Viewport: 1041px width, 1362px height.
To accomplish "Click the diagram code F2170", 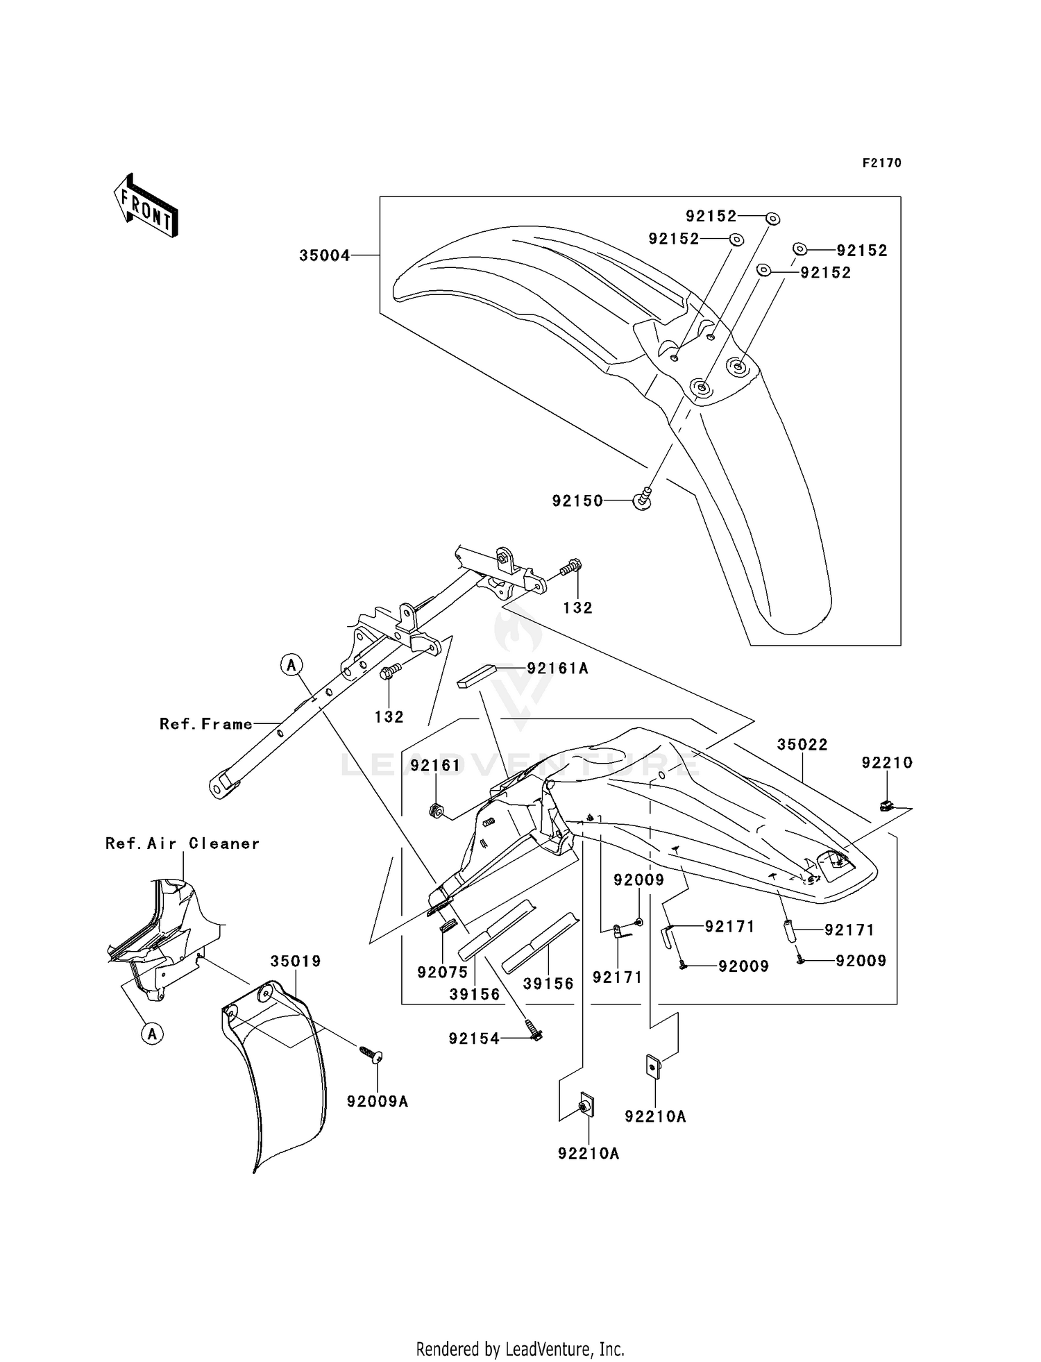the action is pos(881,163).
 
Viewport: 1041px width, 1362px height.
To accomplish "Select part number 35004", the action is pos(325,255).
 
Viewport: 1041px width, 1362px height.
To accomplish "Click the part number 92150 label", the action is pos(578,501).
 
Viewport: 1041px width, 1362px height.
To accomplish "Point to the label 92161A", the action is pos(557,668).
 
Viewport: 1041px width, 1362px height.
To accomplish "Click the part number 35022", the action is pos(802,744).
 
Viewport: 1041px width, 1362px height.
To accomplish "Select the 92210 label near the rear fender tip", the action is pos(887,762).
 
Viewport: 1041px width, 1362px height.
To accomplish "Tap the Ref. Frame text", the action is pos(206,724).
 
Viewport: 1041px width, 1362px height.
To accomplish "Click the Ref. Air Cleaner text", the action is pos(183,843).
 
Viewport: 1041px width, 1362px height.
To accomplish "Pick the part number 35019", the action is pos(296,961).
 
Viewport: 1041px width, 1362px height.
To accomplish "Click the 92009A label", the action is pos(378,1102).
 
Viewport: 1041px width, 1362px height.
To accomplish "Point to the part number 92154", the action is pos(474,1039).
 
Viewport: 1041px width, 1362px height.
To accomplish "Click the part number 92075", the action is pos(443,973).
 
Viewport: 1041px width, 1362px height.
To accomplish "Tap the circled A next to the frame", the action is pos(291,665).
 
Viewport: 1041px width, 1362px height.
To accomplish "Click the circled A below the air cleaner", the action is pos(152,1034).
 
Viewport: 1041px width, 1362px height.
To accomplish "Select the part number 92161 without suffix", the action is pos(435,765).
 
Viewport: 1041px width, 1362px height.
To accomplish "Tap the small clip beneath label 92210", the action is pos(886,805).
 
